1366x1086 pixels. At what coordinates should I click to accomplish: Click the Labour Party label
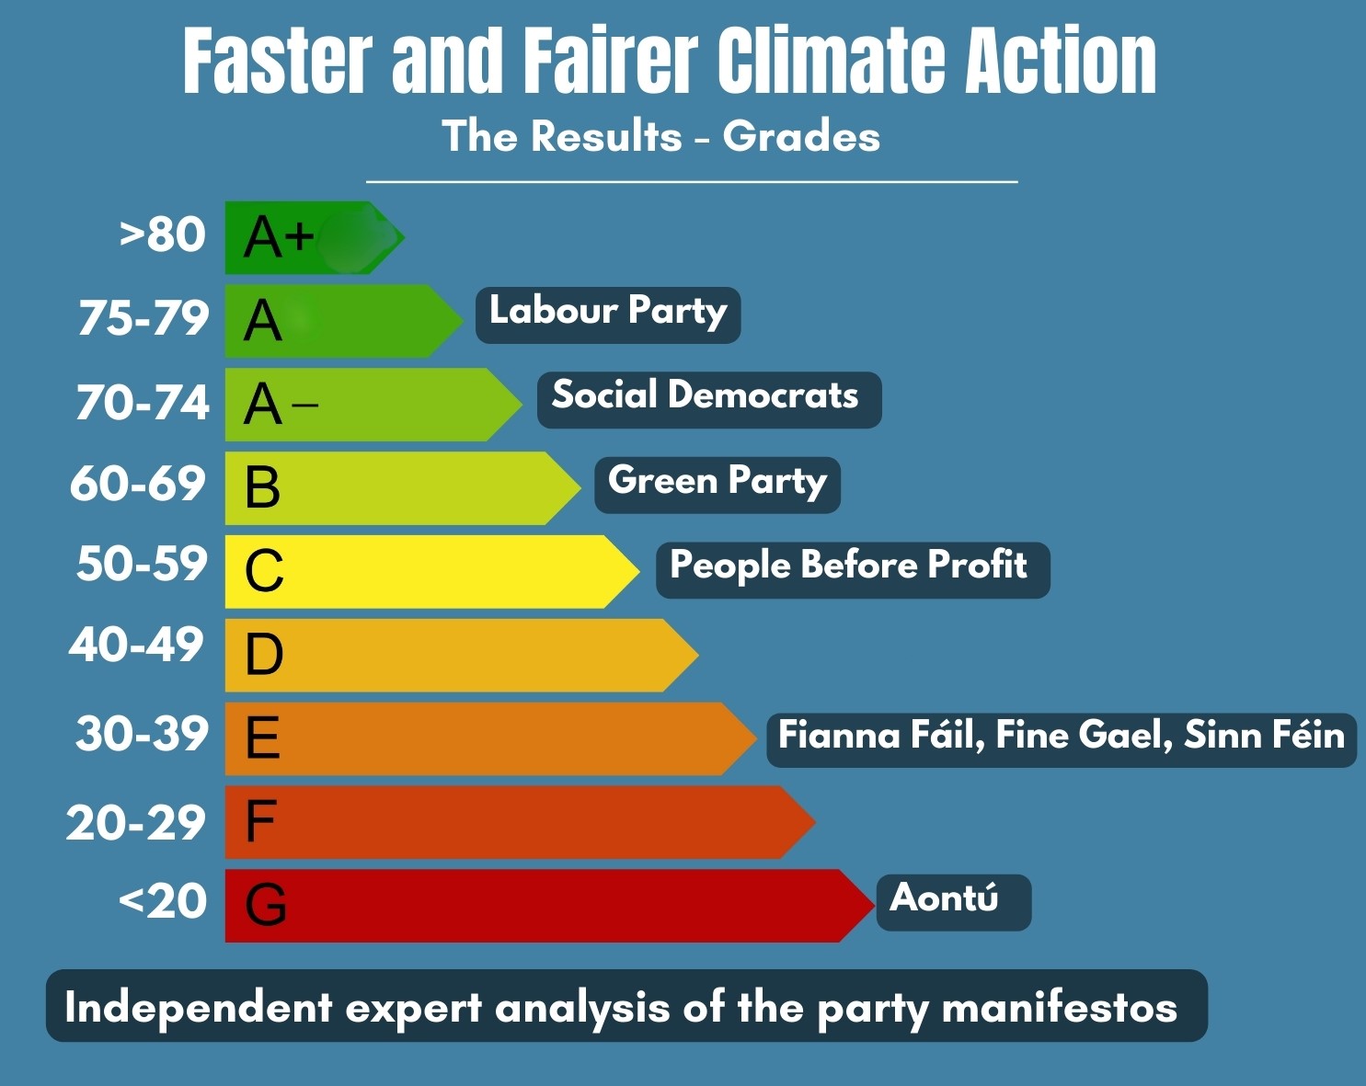tap(607, 314)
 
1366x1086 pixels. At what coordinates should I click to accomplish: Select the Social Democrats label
tap(708, 398)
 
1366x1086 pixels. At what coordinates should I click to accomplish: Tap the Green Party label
tap(717, 484)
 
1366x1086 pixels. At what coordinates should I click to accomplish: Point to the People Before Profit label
tap(852, 568)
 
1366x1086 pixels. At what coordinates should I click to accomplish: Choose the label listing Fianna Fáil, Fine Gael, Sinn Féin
tap(1061, 738)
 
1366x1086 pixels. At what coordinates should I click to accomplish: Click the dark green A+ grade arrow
tap(313, 237)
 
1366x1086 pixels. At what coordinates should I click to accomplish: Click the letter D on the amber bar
tap(264, 655)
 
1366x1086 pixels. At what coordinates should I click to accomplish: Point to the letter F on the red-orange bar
tap(260, 821)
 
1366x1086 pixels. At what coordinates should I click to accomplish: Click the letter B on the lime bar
tap(262, 487)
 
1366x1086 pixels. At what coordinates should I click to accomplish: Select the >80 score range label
tap(163, 235)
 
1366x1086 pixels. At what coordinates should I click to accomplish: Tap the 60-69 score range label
tap(138, 484)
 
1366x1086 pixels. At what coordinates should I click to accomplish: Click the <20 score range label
tap(163, 901)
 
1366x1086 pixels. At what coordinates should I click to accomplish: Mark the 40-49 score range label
tap(136, 645)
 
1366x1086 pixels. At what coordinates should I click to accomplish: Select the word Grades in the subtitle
tap(801, 137)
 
